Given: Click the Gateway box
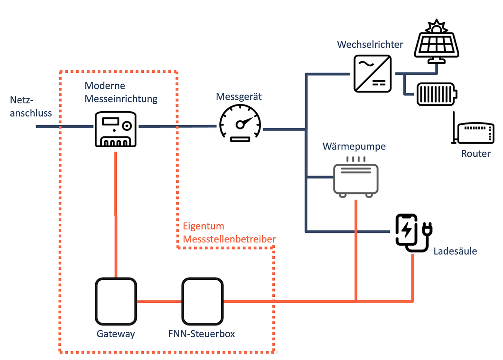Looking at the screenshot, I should coord(116,301).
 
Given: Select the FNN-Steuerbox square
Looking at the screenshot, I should coord(202,301).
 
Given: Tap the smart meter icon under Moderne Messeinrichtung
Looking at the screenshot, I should coord(115,129).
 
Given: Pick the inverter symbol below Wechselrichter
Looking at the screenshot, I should coord(372,74).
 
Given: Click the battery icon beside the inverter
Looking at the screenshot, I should coord(437,94).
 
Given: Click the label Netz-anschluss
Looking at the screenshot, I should coord(31,107).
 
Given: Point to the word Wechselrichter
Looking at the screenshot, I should coord(370,45).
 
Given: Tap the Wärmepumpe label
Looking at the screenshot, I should coord(354,146).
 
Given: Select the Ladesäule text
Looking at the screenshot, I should coord(455,251).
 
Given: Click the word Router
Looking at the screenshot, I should coord(476,154).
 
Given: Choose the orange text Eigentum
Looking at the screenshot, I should coord(203,226).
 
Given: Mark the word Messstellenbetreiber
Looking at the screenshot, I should coord(229,239).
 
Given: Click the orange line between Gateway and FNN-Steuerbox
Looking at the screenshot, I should coord(159,301).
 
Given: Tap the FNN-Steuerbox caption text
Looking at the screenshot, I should coord(201,334).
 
